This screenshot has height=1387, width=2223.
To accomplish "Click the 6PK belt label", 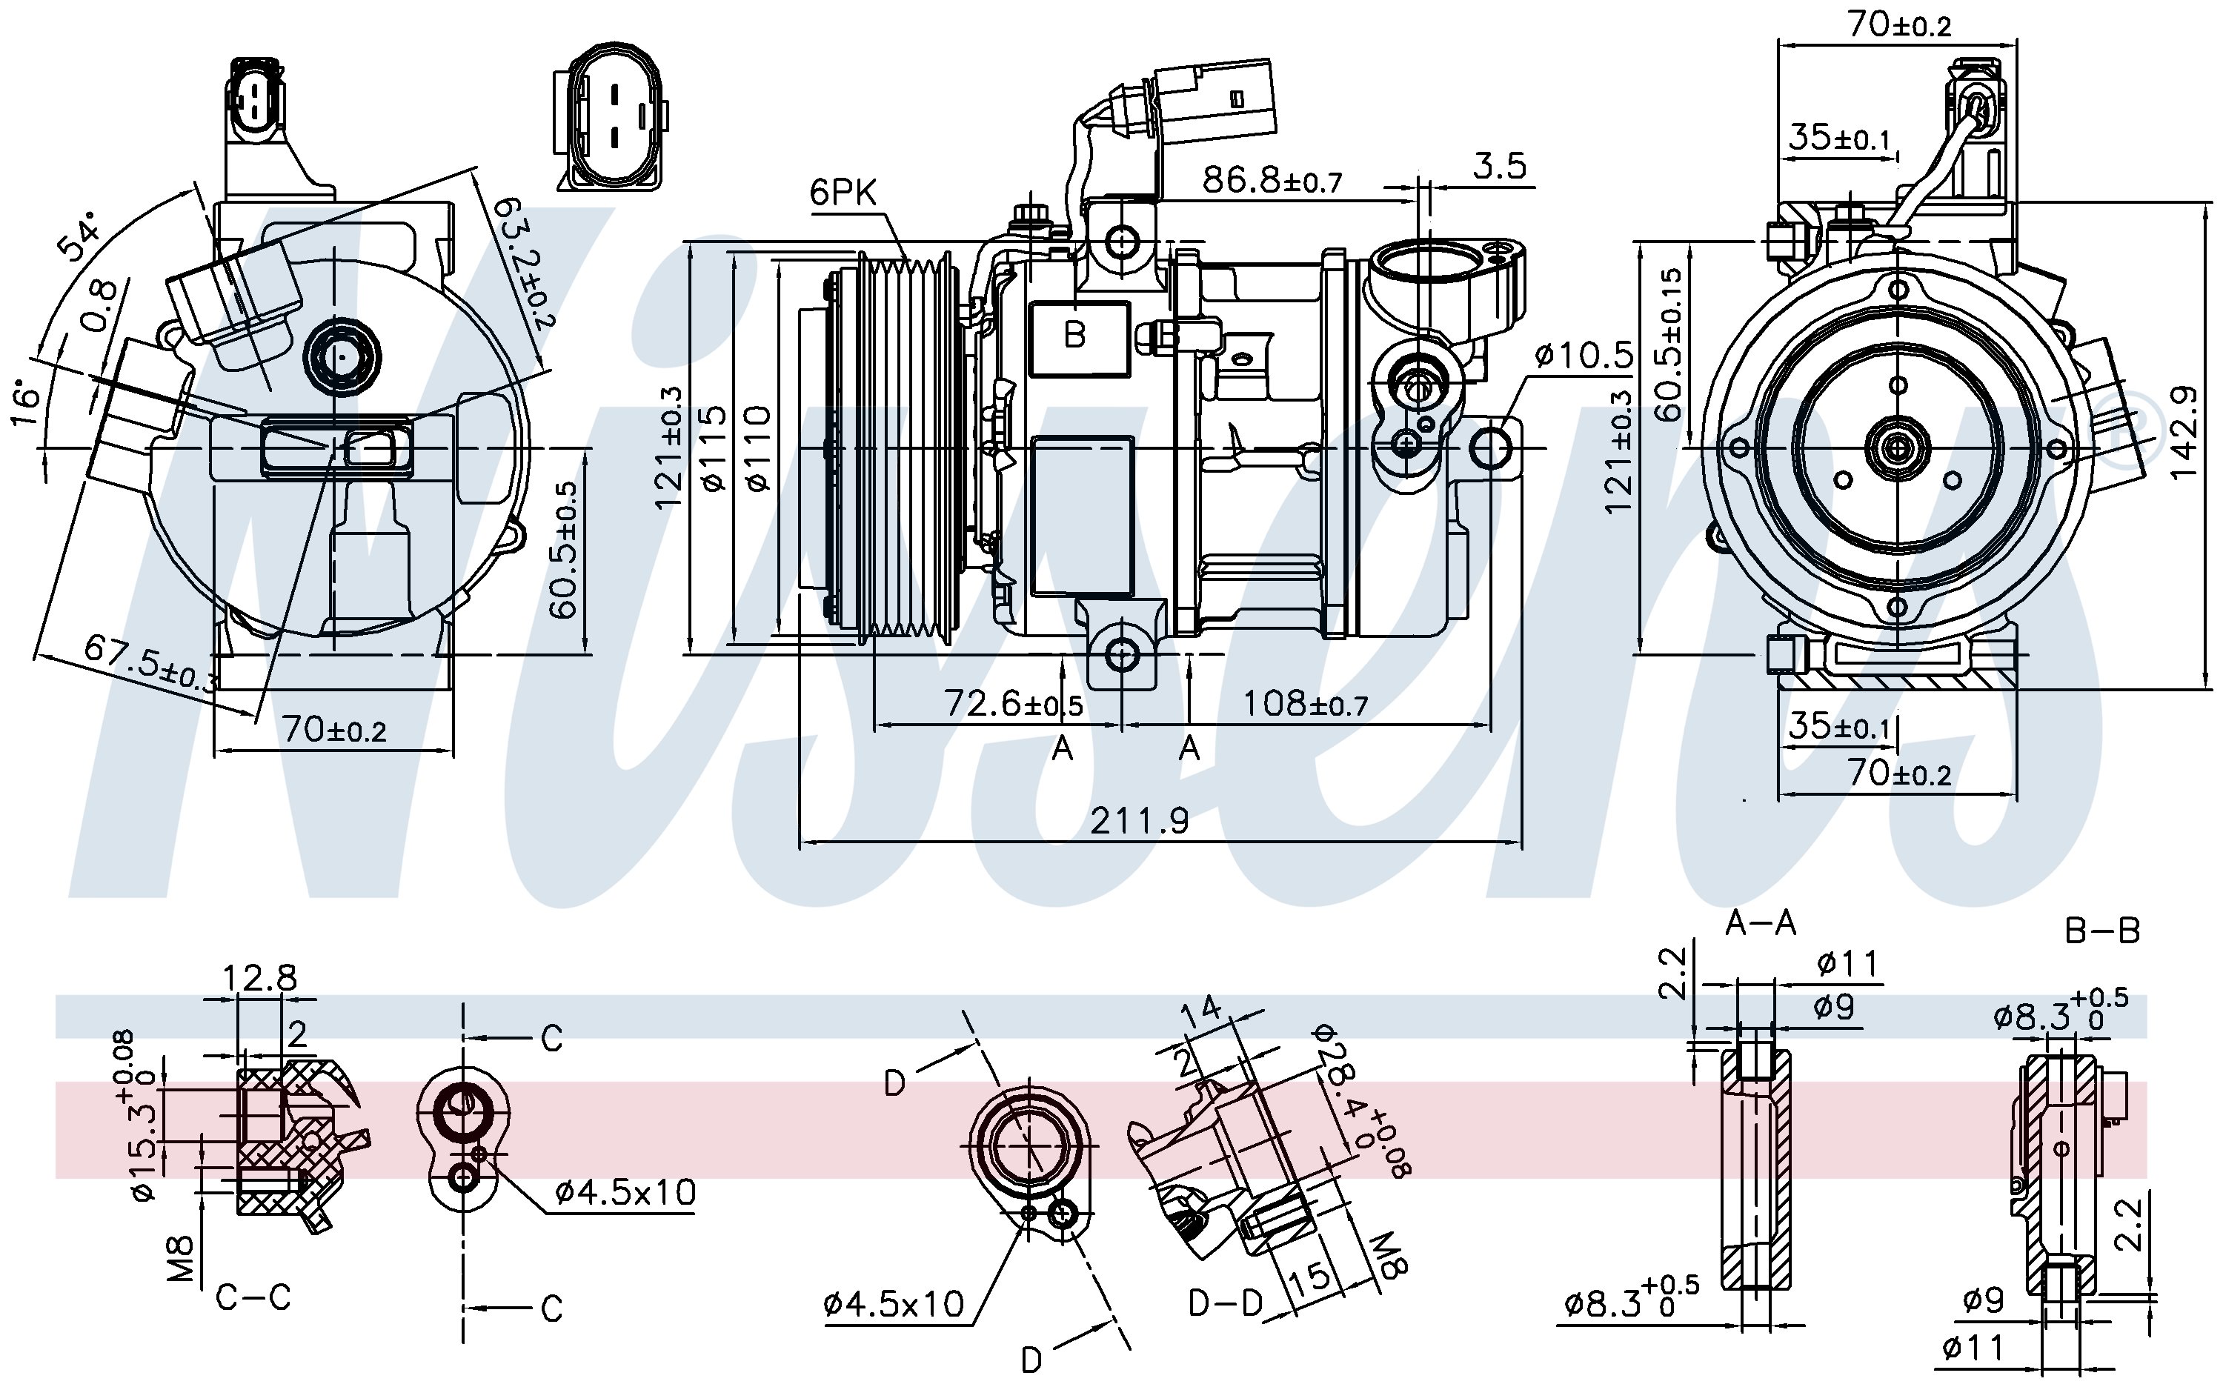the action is (843, 193).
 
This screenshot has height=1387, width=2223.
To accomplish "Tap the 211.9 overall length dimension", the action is (1140, 820).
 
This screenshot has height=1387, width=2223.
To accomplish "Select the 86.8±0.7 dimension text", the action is (1272, 180).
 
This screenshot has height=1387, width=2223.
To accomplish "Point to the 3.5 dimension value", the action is (1500, 166).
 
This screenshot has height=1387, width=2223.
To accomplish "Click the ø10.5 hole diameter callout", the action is (1584, 355).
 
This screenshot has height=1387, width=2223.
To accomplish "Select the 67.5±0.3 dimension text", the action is (151, 662).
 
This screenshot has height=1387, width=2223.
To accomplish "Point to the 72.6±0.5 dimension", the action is (1013, 704).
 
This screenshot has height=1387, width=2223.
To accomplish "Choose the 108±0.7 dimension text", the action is (1305, 704).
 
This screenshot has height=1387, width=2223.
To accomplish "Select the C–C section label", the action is (253, 1297).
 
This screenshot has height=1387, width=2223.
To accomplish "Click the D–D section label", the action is (1226, 1303).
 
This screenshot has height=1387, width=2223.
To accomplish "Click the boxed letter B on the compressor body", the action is (1078, 339).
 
